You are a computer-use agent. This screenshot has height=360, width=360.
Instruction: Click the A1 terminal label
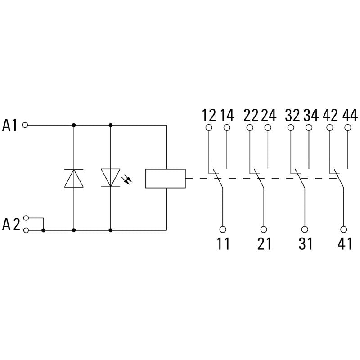9,126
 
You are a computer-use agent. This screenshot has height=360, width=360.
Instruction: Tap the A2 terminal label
11,224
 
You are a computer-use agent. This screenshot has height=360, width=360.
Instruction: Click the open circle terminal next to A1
25,125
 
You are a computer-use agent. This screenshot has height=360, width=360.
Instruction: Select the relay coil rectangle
166,178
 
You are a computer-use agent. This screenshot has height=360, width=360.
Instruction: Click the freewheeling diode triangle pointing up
74,178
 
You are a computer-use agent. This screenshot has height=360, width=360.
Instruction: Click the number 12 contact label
209,115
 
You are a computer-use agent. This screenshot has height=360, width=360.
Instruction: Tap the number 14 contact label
227,115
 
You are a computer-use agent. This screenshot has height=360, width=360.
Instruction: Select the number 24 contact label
269,115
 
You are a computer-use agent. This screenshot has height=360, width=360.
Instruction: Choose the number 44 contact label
350,115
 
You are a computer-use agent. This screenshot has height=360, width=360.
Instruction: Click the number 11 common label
223,243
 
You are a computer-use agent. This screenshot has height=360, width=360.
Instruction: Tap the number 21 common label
265,243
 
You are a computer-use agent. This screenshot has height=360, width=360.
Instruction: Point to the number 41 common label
345,243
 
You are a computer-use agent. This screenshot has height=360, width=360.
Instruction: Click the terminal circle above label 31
305,229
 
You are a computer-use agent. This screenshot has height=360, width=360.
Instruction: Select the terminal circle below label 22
250,127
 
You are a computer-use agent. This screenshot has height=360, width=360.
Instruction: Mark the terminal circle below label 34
309,127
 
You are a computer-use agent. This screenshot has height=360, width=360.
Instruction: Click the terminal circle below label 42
330,127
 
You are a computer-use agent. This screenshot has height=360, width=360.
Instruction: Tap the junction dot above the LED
110,125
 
